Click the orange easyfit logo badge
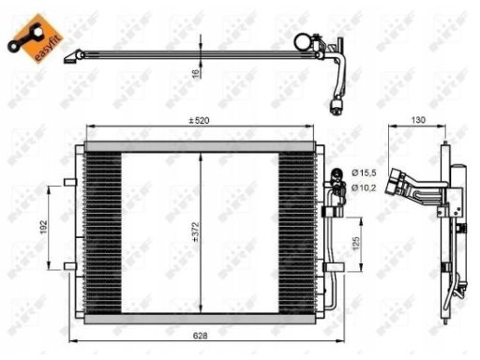[35, 38]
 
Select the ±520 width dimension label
[199, 120]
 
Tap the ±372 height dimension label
[196, 232]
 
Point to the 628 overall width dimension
[200, 336]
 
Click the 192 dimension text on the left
[43, 227]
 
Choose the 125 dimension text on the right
[356, 244]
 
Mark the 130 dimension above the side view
[418, 120]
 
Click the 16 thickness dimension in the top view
[196, 74]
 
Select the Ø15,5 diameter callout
[364, 172]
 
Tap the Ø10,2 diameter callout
[364, 187]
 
